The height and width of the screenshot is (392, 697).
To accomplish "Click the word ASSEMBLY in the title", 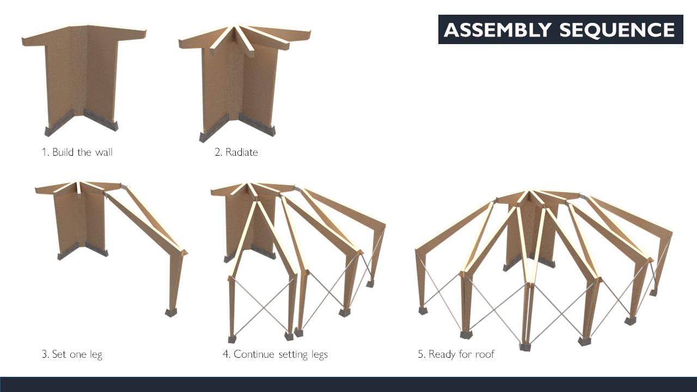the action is (498, 29).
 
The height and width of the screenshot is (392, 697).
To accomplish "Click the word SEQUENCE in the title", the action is (617, 29).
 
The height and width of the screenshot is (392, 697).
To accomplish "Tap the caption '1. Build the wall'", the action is (77, 152).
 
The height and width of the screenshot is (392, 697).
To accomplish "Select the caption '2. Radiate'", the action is (236, 152).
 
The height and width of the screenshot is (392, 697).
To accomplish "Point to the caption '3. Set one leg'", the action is (72, 354).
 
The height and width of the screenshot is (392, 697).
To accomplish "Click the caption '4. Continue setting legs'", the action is (276, 354).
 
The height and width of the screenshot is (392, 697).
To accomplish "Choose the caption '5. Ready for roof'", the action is (456, 354).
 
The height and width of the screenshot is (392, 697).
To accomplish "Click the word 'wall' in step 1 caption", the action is (103, 152).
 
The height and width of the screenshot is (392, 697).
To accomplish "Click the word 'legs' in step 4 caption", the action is (320, 354).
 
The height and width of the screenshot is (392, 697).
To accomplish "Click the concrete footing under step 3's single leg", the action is (171, 313).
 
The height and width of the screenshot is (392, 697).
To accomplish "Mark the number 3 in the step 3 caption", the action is (45, 354).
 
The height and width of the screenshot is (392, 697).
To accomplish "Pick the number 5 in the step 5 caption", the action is (421, 354).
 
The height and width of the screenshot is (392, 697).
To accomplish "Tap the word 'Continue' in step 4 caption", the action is (254, 354).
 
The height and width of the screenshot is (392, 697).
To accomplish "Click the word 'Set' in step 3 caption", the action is (59, 354).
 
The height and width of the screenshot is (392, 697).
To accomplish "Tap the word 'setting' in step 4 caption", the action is (293, 354).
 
